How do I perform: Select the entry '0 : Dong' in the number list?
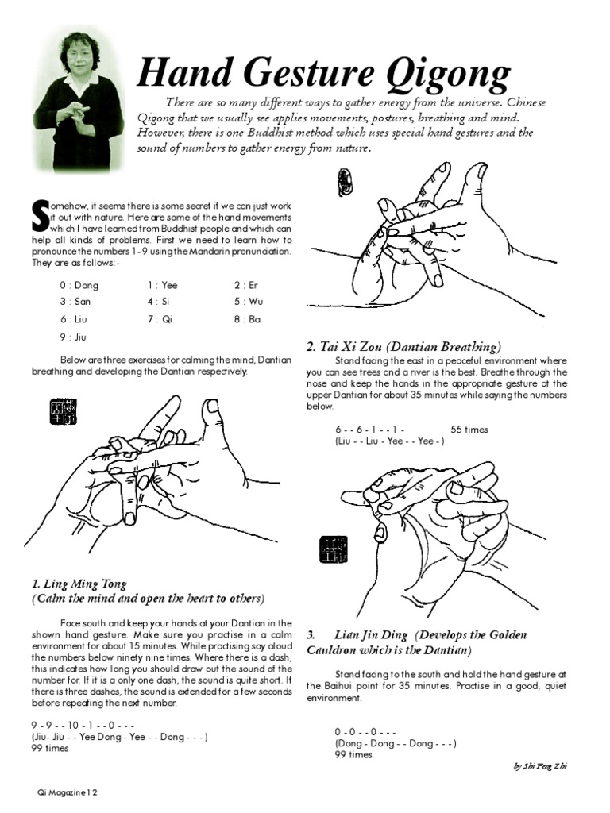(x=78, y=285)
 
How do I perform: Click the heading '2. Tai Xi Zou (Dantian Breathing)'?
(x=403, y=347)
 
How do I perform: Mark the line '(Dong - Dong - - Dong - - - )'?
(x=395, y=744)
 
